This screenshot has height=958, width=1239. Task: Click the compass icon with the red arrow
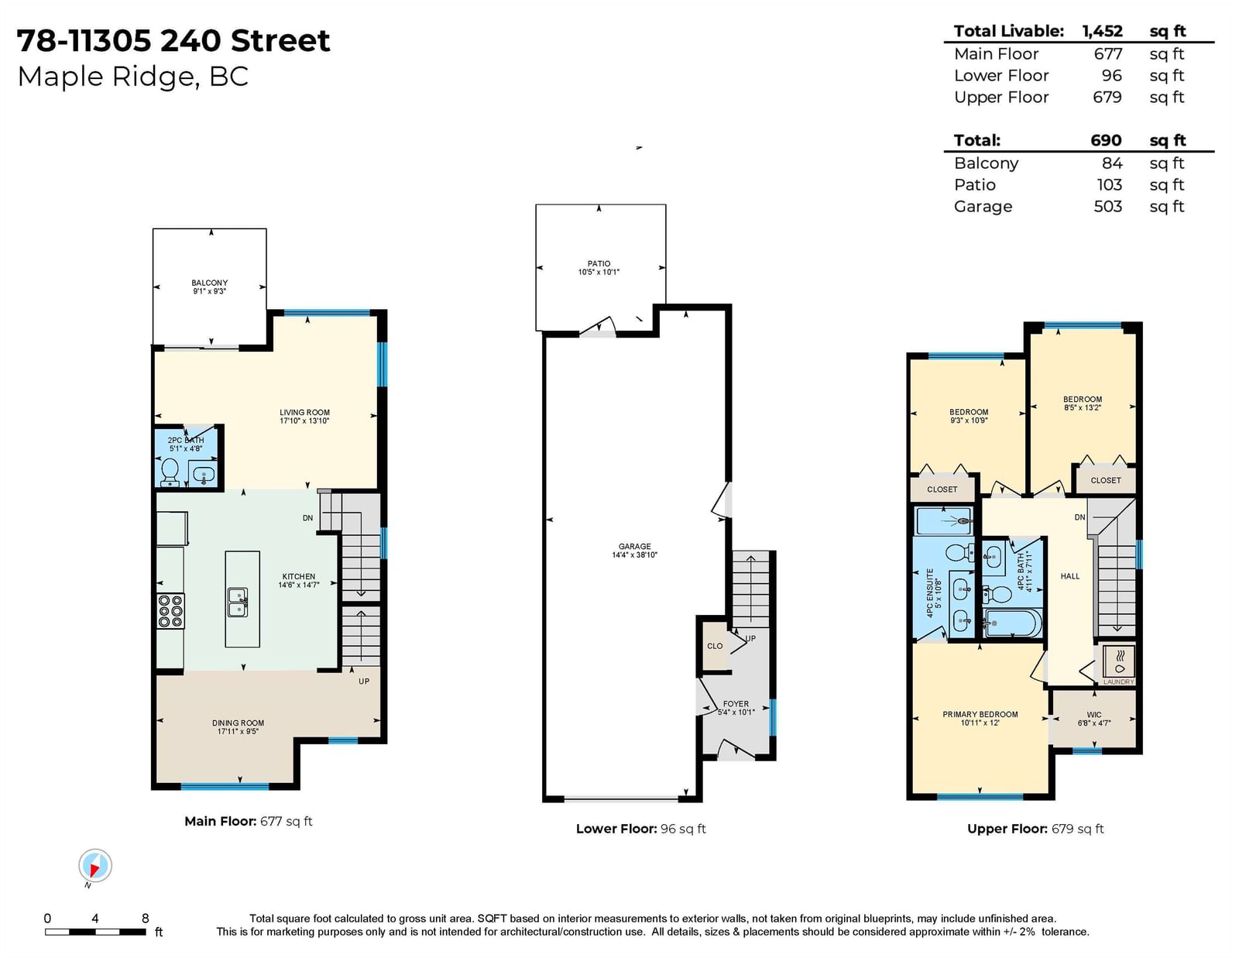(x=95, y=866)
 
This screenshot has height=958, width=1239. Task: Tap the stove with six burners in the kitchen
(x=170, y=611)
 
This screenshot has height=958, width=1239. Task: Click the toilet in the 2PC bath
(x=170, y=472)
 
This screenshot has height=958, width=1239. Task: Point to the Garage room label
(x=635, y=551)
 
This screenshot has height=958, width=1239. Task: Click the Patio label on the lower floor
(x=599, y=268)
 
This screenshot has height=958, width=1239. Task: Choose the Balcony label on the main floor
(x=209, y=287)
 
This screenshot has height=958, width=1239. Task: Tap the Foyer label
(x=736, y=708)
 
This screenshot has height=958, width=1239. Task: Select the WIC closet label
(x=1093, y=719)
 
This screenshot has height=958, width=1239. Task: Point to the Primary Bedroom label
(x=980, y=718)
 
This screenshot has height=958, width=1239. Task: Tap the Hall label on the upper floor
(x=1069, y=576)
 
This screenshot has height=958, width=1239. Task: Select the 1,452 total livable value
(x=1102, y=31)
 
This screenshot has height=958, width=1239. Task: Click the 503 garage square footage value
(x=1107, y=207)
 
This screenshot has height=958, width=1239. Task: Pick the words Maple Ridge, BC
(x=133, y=77)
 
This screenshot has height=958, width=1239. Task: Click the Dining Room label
(x=238, y=727)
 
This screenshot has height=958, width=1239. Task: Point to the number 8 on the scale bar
(x=146, y=918)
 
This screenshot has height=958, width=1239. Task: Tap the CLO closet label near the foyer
(x=715, y=646)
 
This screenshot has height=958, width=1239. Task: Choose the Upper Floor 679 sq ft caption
(x=1035, y=829)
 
